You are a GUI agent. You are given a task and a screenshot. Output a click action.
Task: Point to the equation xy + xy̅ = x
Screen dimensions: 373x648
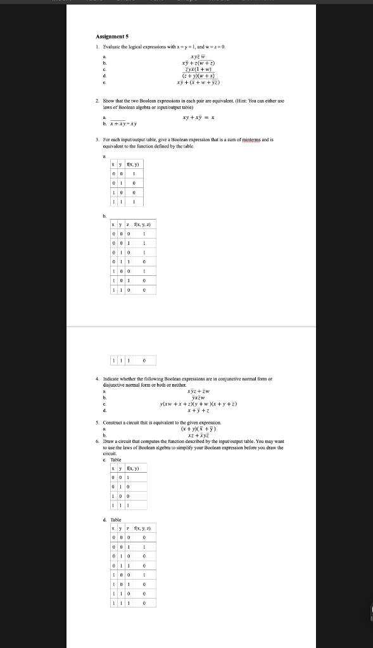(198, 117)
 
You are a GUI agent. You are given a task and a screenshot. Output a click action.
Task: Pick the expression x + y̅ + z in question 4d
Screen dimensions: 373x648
(198, 410)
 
